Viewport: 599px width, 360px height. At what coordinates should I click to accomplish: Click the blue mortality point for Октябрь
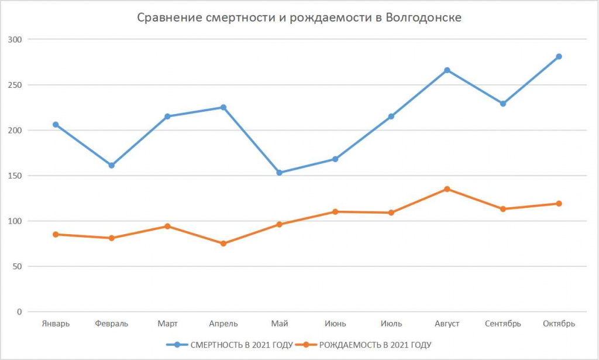coord(559,57)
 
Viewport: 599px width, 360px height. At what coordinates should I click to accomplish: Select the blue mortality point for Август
coord(447,70)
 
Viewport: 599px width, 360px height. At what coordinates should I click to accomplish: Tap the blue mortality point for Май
coord(279,173)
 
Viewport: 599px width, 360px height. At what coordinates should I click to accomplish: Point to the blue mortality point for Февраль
coord(111,165)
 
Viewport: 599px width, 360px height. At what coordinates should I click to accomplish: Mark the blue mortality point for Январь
coord(56,125)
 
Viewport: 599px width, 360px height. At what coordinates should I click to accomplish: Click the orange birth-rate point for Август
coord(447,189)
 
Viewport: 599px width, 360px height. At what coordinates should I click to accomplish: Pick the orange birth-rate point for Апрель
coord(223,244)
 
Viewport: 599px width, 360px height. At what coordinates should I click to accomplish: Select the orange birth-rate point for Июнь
coord(335,212)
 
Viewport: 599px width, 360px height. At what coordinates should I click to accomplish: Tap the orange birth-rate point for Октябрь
coord(559,204)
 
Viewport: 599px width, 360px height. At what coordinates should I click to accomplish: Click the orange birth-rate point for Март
coord(167,226)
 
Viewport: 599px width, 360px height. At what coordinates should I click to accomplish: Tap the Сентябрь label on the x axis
coord(502,324)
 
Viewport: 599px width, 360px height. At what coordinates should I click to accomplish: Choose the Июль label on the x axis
coord(391,324)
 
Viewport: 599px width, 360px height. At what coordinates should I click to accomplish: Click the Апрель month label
coord(223,324)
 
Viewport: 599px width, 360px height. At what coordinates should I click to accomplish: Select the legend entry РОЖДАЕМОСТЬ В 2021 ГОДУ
coord(375,344)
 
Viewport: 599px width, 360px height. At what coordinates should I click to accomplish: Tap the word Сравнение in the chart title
coord(169,18)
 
